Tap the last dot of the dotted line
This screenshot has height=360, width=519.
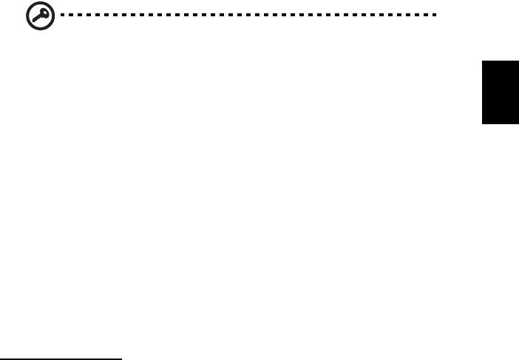coord(435,14)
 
